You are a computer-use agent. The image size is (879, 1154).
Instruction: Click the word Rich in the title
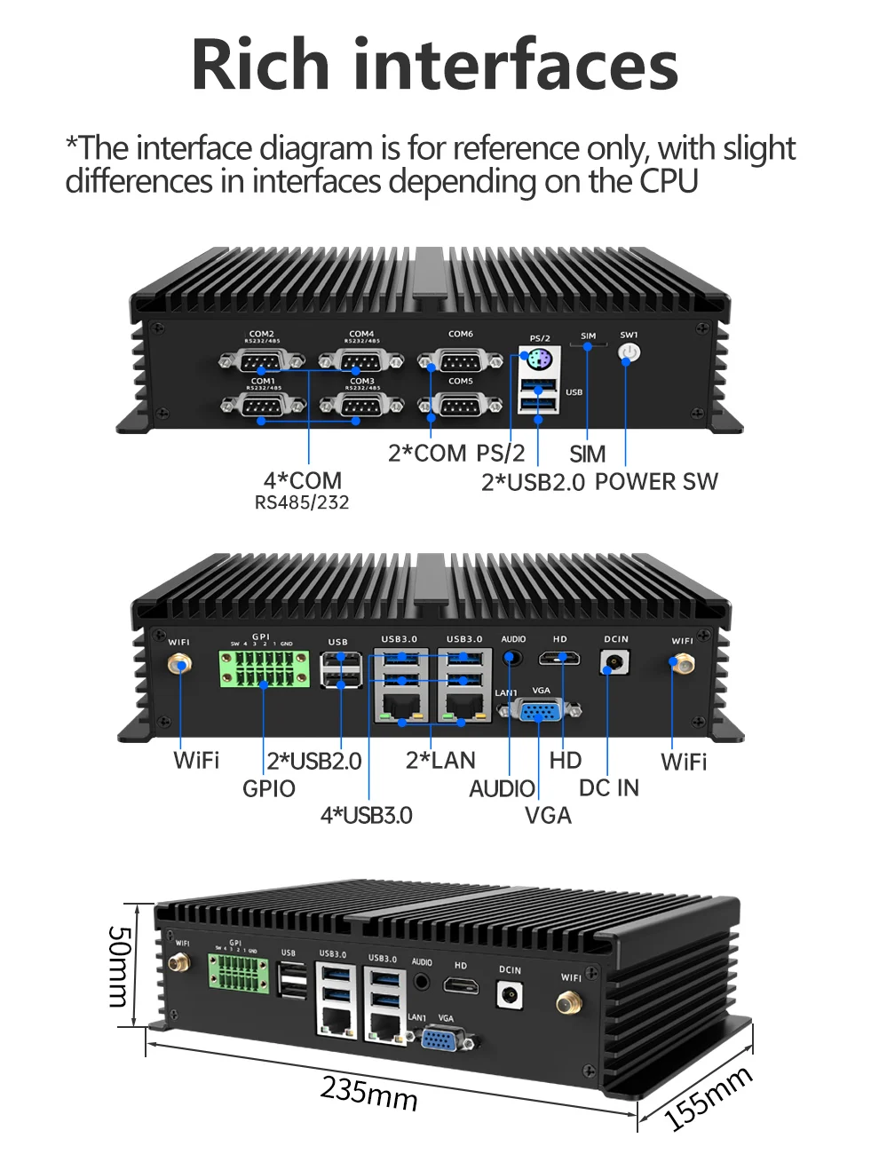pyautogui.click(x=260, y=65)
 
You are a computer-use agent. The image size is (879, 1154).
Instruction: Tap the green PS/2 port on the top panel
pyautogui.click(x=539, y=362)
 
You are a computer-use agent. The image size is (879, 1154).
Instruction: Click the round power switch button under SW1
pyautogui.click(x=629, y=353)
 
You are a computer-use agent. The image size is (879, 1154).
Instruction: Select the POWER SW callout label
pyautogui.click(x=656, y=482)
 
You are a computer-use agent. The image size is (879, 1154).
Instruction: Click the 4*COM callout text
pyautogui.click(x=302, y=480)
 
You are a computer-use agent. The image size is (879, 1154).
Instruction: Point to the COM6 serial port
pyautogui.click(x=460, y=361)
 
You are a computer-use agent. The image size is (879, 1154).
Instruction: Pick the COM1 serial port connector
pyautogui.click(x=263, y=406)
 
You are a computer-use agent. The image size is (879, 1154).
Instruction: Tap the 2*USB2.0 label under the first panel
pyautogui.click(x=533, y=483)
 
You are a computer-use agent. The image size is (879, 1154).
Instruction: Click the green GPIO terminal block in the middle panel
pyautogui.click(x=265, y=670)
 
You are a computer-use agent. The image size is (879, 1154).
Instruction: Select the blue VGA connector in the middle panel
pyautogui.click(x=540, y=710)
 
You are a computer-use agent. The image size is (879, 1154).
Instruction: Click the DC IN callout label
pyautogui.click(x=608, y=788)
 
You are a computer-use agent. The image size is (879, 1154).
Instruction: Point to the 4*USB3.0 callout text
pyautogui.click(x=366, y=815)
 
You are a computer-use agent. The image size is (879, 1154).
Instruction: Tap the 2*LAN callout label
pyautogui.click(x=440, y=761)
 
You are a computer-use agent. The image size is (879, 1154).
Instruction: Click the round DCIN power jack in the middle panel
pyautogui.click(x=614, y=662)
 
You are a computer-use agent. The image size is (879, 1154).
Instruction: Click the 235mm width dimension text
pyautogui.click(x=368, y=1093)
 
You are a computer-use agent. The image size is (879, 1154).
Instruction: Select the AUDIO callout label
pyautogui.click(x=502, y=788)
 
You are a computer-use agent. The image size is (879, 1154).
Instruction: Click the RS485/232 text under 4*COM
pyautogui.click(x=302, y=503)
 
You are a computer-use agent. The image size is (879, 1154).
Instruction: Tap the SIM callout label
pyautogui.click(x=587, y=454)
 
